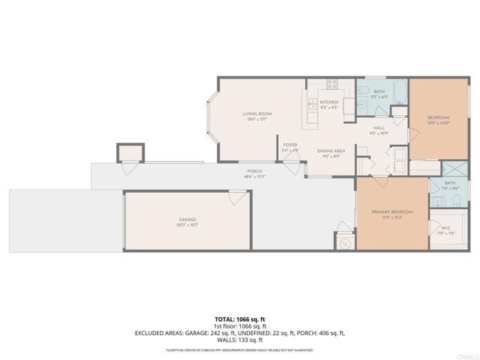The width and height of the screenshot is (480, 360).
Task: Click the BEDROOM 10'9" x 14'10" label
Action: point(437,120)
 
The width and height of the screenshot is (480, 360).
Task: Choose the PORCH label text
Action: point(254,173)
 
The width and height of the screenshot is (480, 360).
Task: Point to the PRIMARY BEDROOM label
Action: point(393,214)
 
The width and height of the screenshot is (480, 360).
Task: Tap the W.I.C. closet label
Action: point(445,228)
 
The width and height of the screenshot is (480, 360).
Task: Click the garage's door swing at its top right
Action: point(238,197)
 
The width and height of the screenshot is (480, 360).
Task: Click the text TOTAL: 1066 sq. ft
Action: point(239,319)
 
